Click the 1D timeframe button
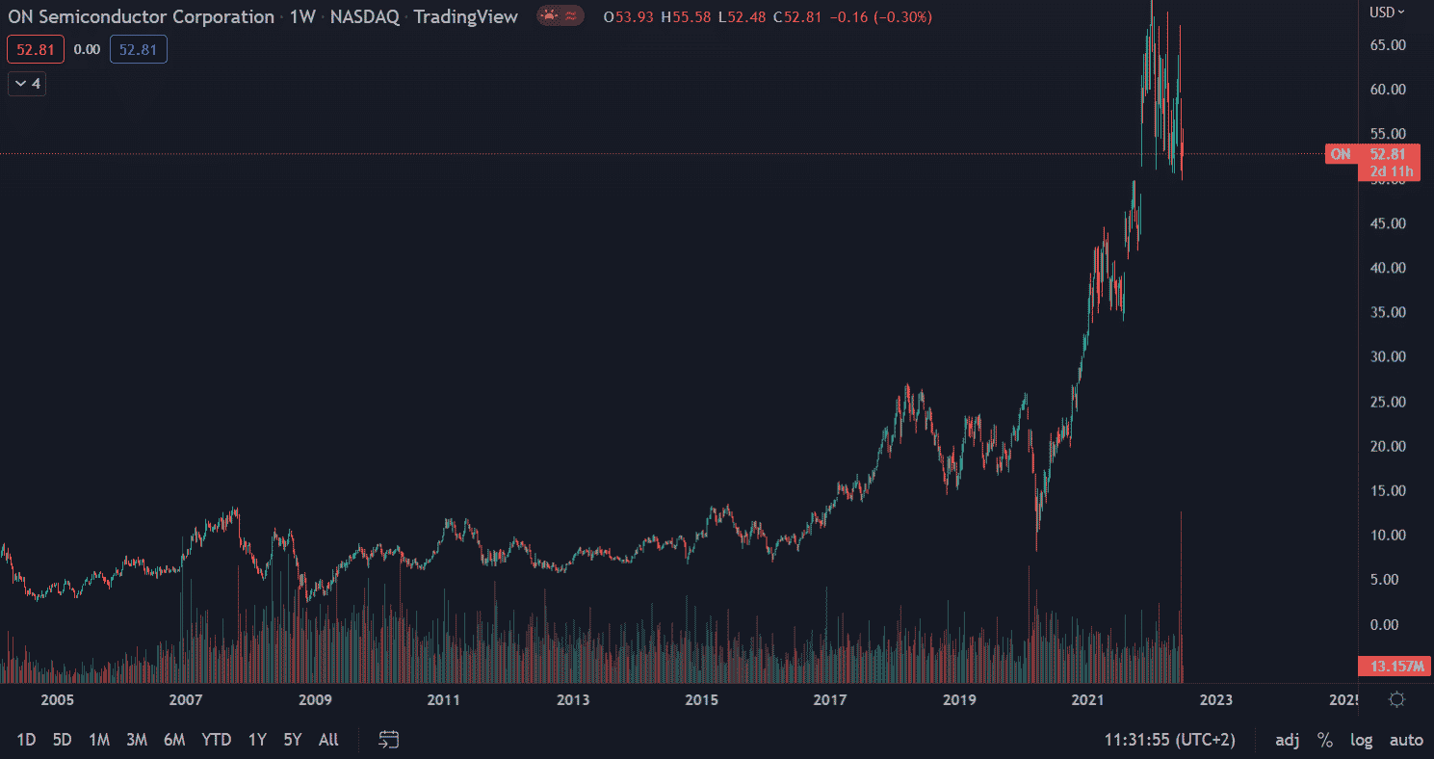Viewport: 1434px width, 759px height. [26, 740]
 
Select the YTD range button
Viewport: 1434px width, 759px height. [216, 740]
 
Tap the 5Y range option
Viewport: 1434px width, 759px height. [293, 740]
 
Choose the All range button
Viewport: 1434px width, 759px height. [328, 740]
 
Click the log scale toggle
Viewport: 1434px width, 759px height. [1361, 740]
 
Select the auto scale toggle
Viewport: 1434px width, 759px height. [1406, 740]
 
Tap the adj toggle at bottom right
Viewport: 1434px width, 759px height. [1287, 740]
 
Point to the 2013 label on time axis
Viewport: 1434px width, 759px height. [573, 700]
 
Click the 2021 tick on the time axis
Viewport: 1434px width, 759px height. [1087, 700]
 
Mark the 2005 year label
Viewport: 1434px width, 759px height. [57, 700]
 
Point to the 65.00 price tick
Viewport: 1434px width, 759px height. [1388, 45]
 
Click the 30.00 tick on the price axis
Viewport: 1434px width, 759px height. [1388, 356]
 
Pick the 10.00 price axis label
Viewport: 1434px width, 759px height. [1388, 536]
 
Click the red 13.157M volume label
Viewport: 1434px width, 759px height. [1395, 667]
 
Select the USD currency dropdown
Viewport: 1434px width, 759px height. [1387, 12]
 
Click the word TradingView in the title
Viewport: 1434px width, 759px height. [465, 16]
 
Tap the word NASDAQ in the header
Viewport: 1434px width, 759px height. [364, 16]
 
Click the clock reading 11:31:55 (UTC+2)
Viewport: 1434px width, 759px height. [1169, 740]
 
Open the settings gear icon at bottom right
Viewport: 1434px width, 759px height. [1397, 699]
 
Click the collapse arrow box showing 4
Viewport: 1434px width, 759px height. [27, 84]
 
